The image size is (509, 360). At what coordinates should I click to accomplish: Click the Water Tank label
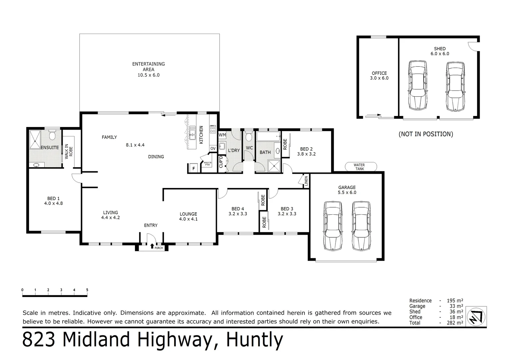pos(359,167)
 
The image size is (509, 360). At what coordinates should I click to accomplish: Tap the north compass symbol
pos(476,316)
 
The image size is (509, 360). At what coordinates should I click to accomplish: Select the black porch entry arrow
pos(152,246)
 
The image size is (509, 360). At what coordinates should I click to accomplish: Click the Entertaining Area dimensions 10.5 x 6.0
pos(149,75)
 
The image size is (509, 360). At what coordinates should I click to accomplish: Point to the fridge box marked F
pos(193,168)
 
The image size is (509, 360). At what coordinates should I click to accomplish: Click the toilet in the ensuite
pos(52,136)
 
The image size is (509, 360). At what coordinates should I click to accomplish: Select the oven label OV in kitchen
pos(213,148)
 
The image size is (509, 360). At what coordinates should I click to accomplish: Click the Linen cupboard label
pos(306,181)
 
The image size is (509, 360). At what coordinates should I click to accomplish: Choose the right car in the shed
pos(455,86)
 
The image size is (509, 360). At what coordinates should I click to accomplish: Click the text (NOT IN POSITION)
pos(426,134)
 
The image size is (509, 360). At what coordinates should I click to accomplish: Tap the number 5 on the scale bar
pos(87,290)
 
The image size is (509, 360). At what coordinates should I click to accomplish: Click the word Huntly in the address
pos(254,340)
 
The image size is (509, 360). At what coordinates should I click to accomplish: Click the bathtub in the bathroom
pos(268,137)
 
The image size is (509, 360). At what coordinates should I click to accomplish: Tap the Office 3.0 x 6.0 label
pos(379,76)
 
